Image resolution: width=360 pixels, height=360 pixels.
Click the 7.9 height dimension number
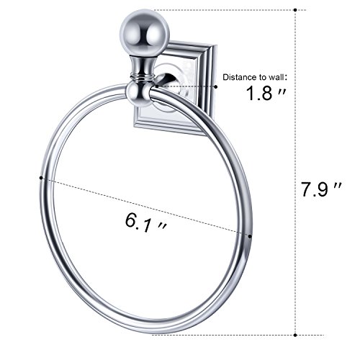pos(315,189)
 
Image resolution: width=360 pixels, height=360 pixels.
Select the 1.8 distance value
pos(259,94)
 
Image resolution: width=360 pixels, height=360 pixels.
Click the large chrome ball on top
pos(145,33)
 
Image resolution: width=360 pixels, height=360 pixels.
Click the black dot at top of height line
pos(295,10)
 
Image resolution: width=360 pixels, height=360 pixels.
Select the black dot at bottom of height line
pos(295,335)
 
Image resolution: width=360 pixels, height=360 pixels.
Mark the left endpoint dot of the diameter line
pos(41,178)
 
